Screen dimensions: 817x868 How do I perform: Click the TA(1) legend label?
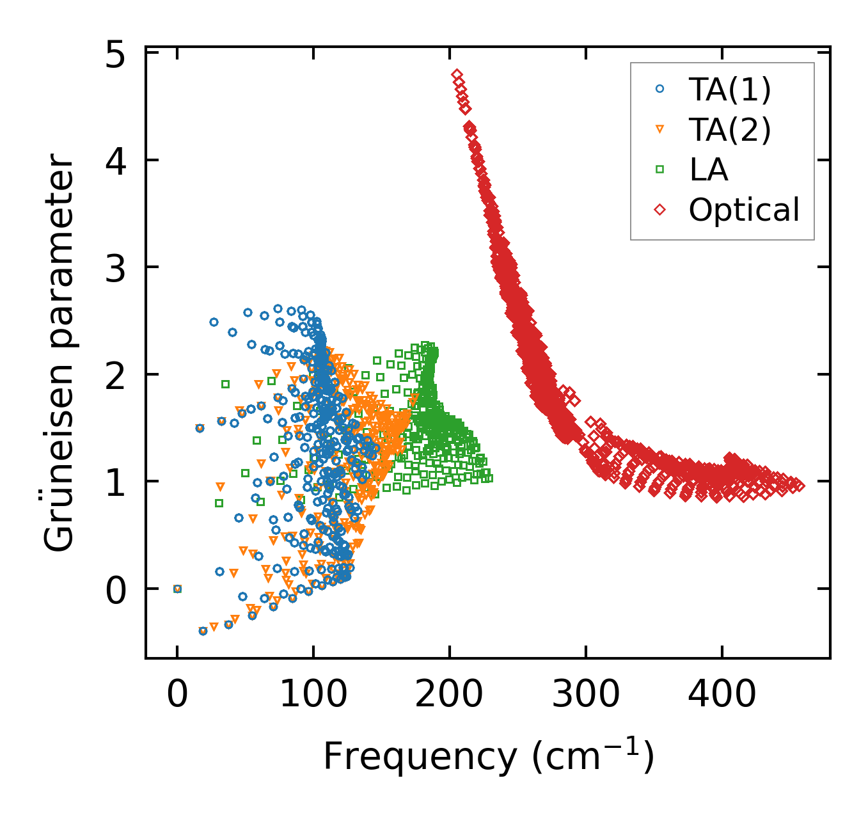[x=730, y=90]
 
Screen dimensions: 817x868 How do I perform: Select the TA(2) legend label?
[x=730, y=130]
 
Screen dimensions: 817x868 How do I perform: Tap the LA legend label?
[x=709, y=170]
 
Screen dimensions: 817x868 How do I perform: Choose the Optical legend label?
[x=744, y=210]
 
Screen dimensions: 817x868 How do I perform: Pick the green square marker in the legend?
[x=660, y=170]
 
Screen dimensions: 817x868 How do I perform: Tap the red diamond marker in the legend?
[x=660, y=209]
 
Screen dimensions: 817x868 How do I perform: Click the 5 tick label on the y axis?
[x=116, y=56]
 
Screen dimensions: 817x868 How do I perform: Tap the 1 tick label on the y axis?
[x=116, y=484]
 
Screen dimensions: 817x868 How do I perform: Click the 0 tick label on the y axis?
[x=116, y=591]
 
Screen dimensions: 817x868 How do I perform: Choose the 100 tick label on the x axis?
[x=313, y=694]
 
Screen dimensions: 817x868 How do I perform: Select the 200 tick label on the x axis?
[x=449, y=694]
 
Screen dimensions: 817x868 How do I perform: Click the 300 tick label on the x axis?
[x=586, y=694]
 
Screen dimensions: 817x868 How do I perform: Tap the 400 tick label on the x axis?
[x=722, y=694]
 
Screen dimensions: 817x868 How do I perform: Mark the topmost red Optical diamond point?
[x=457, y=75]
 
